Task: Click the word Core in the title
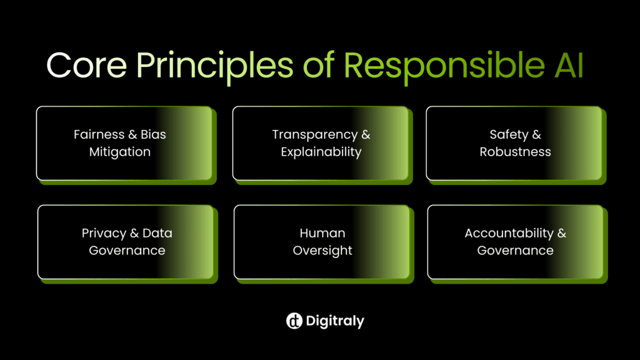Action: coord(86,65)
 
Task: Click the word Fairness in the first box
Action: coord(97,134)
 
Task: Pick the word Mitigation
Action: coord(120,152)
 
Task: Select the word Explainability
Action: coord(321,152)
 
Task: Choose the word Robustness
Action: coord(516,152)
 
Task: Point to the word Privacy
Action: coord(104,233)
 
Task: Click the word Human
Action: coord(322,233)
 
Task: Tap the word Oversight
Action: coord(322,251)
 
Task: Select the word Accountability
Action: coord(509,233)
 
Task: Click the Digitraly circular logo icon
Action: coord(294,321)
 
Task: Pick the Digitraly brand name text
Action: coord(336,321)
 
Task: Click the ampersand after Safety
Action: coord(536,134)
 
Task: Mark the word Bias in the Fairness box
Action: coord(152,134)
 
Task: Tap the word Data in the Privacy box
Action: coord(157,233)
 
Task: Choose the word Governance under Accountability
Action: coord(516,251)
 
